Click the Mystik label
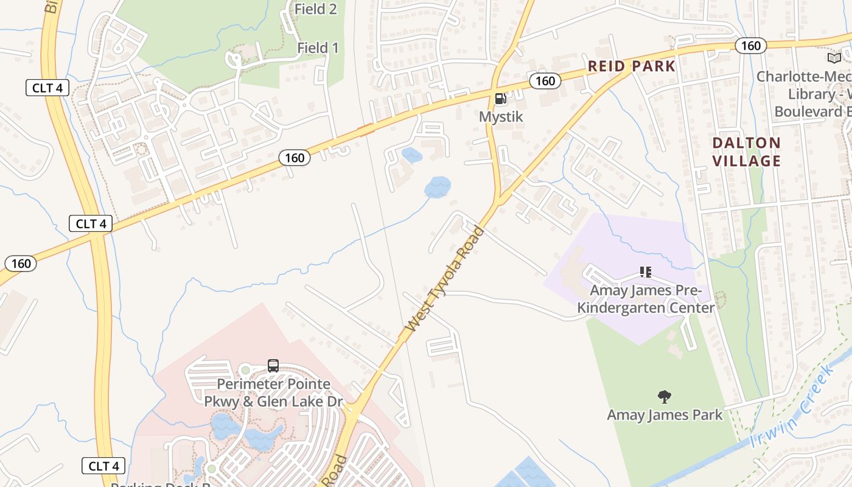(x=501, y=116)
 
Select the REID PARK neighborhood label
(x=631, y=66)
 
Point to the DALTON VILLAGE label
(x=746, y=152)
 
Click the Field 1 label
(x=318, y=47)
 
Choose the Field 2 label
(x=315, y=9)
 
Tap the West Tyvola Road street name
(x=445, y=279)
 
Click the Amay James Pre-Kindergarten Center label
(x=646, y=299)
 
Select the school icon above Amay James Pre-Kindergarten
(x=646, y=272)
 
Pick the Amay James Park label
(x=665, y=415)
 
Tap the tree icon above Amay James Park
(x=665, y=397)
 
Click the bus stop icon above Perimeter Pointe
(x=273, y=366)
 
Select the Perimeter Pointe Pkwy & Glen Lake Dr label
(x=273, y=393)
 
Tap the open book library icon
(x=834, y=58)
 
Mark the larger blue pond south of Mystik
(x=438, y=187)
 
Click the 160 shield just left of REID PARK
(x=545, y=81)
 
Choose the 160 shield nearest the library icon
(x=750, y=46)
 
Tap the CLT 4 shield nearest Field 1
(x=47, y=88)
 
